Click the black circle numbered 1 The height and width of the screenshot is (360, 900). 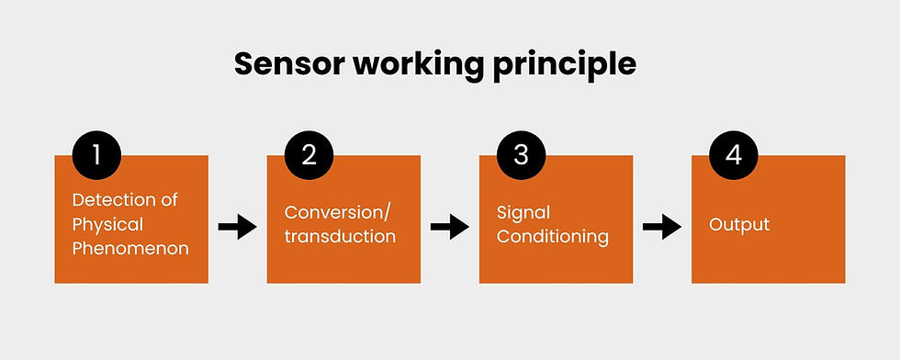[x=96, y=153]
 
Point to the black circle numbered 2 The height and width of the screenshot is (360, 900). [x=309, y=153]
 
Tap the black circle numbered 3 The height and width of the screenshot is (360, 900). [x=521, y=153]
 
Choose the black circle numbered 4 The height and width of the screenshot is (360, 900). [x=733, y=153]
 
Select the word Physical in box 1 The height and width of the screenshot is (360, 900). [x=107, y=224]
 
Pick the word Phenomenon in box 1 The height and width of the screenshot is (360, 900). [x=130, y=248]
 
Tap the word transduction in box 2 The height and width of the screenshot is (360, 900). [x=340, y=236]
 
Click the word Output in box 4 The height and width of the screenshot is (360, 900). [x=738, y=224]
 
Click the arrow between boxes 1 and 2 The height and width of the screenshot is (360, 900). [x=237, y=226]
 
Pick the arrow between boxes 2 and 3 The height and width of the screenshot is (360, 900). [x=449, y=226]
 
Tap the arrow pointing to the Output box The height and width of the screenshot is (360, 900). [x=661, y=226]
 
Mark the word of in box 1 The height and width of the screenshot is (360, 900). [x=169, y=200]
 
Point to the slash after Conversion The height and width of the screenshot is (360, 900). [x=387, y=212]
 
